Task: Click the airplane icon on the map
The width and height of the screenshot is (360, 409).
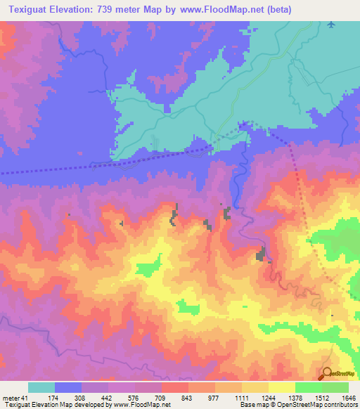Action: point(331,25)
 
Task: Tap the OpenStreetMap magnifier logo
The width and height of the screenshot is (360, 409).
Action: point(327,373)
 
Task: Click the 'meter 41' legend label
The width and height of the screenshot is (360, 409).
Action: point(13,397)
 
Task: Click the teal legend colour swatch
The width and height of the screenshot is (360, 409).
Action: point(41,387)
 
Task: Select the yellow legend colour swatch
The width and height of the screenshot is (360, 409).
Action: point(282,387)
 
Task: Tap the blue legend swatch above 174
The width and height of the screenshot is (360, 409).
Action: point(68,387)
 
